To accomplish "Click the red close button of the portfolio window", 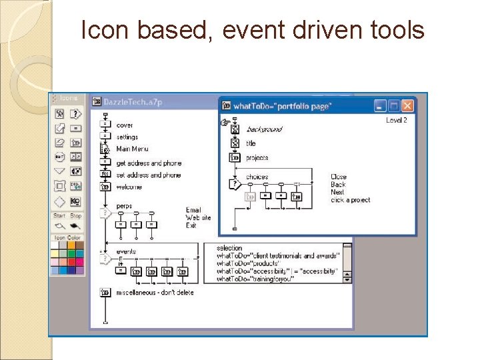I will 407,105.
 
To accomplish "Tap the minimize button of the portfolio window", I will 379,105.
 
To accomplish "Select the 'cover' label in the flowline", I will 125,125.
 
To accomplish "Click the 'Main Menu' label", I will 132,149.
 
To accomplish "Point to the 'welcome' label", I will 129,187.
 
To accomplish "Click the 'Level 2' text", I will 396,120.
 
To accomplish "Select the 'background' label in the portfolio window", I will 264,129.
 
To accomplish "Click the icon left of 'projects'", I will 235,158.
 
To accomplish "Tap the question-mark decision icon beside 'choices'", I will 234,183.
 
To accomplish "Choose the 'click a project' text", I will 350,200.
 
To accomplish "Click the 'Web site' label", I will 198,218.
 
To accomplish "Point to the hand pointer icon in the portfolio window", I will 225,123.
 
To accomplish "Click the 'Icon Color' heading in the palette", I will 67,238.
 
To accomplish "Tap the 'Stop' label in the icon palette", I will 76,216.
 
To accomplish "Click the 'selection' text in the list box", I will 230,249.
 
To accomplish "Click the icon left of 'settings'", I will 105,137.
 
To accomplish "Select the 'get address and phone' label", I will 148,163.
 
